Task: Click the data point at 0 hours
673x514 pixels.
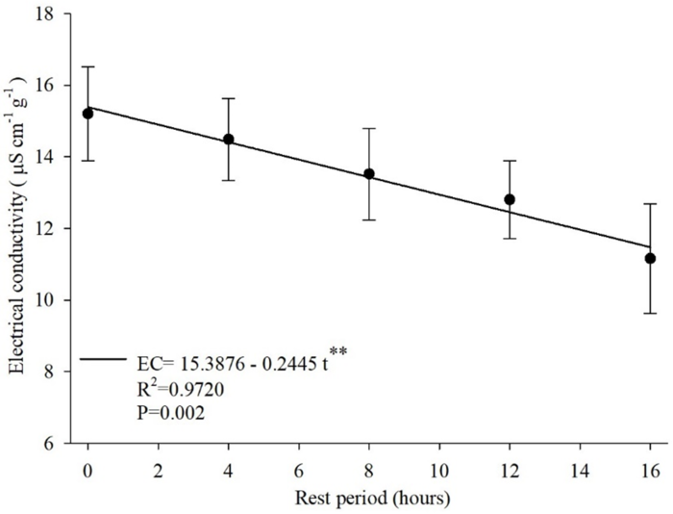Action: (87, 114)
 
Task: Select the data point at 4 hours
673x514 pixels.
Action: (229, 140)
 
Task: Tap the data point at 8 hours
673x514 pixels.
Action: (368, 174)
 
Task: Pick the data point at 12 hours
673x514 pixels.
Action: (510, 199)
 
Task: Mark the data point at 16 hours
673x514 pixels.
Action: (650, 258)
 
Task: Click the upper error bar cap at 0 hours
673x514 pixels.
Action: (87, 67)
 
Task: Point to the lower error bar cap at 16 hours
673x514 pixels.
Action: (650, 313)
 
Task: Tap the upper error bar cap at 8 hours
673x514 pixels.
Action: (368, 128)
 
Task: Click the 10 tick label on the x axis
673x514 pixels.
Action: (439, 474)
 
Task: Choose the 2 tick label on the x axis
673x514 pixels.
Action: (158, 474)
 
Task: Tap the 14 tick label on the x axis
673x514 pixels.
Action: (580, 474)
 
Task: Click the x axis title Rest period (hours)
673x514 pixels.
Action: (368, 500)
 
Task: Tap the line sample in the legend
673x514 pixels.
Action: (104, 359)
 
